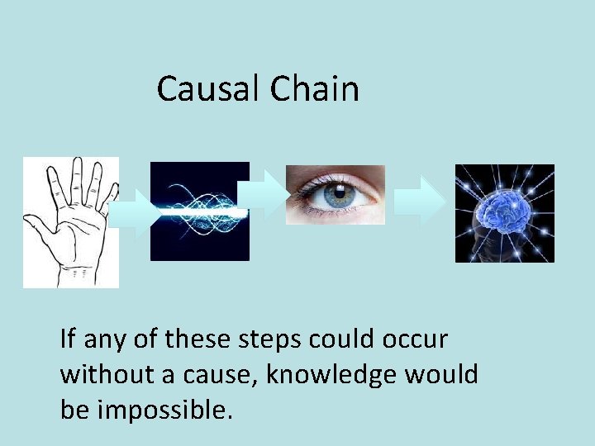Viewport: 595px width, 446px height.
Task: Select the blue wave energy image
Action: click(x=199, y=211)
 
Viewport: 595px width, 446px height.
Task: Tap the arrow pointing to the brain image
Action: click(x=419, y=202)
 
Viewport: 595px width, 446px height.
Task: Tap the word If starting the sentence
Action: click(x=68, y=339)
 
